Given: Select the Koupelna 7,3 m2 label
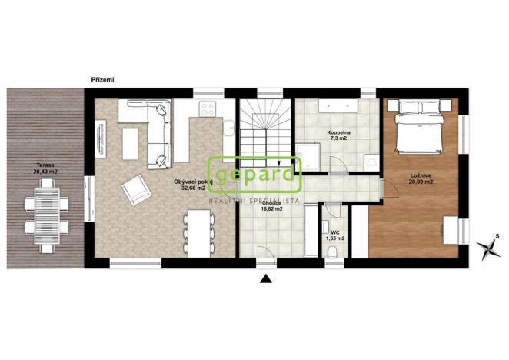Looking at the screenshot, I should pyautogui.click(x=339, y=135).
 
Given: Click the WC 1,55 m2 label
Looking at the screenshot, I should pyautogui.click(x=334, y=235).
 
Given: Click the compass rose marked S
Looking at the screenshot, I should pyautogui.click(x=487, y=247).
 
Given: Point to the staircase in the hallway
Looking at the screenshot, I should pyautogui.click(x=264, y=131).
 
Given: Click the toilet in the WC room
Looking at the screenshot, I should pyautogui.click(x=332, y=256).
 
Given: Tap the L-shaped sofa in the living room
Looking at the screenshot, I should pyautogui.click(x=158, y=131).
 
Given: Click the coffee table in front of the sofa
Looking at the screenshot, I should pyautogui.click(x=129, y=144).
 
